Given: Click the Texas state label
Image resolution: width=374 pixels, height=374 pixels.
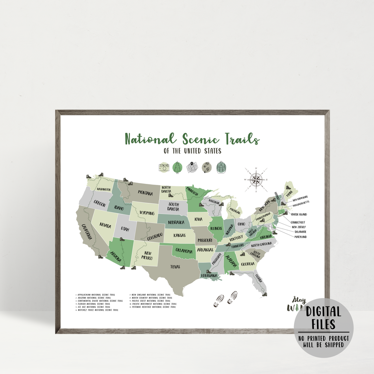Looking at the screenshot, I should pyautogui.click(x=175, y=267).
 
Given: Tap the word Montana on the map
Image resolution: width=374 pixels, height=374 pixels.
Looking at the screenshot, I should pyautogui.click(x=145, y=193).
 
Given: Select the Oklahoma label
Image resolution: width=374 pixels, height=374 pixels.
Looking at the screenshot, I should pyautogui.click(x=184, y=250).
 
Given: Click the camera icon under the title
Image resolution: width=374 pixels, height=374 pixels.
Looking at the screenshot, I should pyautogui.click(x=163, y=167).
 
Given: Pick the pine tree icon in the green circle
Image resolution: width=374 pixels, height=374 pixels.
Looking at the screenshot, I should pyautogui.click(x=178, y=167).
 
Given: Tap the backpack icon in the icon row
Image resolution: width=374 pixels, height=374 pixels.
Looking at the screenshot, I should pyautogui.click(x=221, y=167).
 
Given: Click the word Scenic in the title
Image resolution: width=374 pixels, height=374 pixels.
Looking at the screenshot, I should pyautogui.click(x=195, y=139).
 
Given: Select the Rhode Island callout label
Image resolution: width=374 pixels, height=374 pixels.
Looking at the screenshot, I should pyautogui.click(x=299, y=214).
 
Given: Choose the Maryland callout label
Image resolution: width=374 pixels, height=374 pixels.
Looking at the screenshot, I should pyautogui.click(x=300, y=237).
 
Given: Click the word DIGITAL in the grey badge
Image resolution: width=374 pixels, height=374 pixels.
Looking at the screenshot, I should pyautogui.click(x=323, y=312).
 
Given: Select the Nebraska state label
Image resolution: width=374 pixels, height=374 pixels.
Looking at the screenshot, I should pyautogui.click(x=176, y=223).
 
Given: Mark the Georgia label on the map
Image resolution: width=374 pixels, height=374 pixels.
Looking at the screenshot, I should pyautogui.click(x=248, y=264).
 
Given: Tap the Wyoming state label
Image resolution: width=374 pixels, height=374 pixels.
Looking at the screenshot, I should pyautogui.click(x=147, y=213).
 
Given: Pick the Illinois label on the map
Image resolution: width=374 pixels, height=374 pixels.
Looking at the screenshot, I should pyautogui.click(x=216, y=228).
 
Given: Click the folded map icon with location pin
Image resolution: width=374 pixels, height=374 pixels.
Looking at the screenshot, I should pyautogui.click(x=192, y=167).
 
